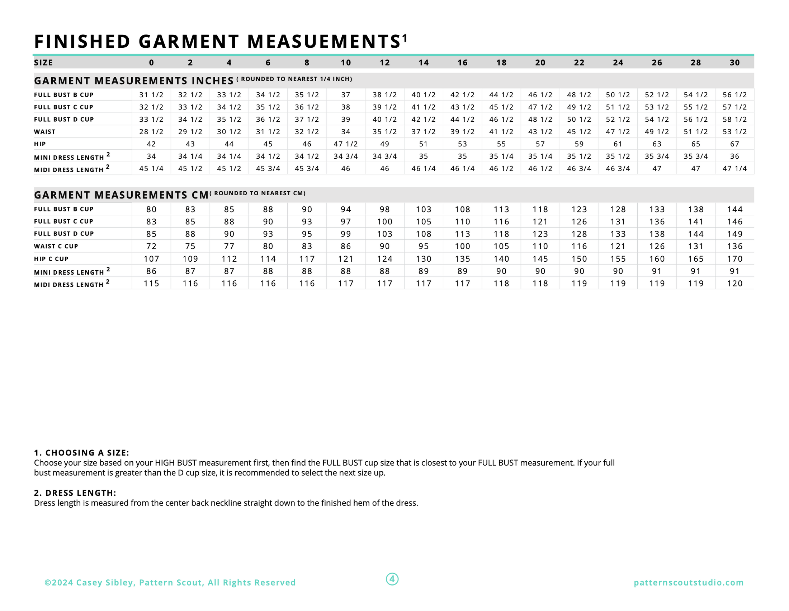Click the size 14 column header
(424, 62)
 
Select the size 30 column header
(734, 62)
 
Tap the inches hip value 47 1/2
(345, 144)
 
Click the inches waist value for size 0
(151, 132)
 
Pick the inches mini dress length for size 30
(734, 156)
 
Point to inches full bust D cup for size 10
(345, 119)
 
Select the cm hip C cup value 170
(734, 259)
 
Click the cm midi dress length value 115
(151, 284)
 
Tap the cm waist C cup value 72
(151, 246)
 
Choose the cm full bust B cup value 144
(734, 209)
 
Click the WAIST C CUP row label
(56, 246)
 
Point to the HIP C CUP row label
(51, 259)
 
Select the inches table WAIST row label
(45, 132)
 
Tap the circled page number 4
(392, 579)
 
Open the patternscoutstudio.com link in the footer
(689, 582)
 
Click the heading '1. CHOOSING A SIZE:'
(81, 453)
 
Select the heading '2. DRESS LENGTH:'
(75, 493)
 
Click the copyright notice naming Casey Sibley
(170, 582)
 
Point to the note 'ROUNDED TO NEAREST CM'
(259, 193)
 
